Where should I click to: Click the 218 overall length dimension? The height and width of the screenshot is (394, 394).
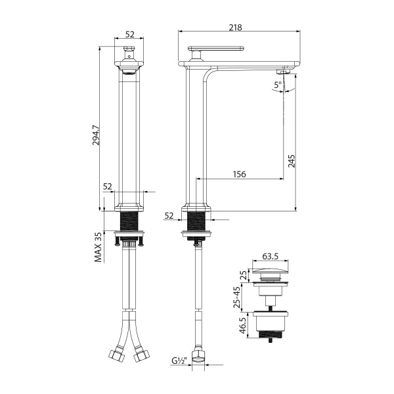pyautogui.click(x=236, y=28)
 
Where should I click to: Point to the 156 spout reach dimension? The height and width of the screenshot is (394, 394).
pyautogui.click(x=240, y=174)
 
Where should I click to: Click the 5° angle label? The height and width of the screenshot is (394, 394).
pyautogui.click(x=278, y=85)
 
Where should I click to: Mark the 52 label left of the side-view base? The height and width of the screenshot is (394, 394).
pyautogui.click(x=169, y=215)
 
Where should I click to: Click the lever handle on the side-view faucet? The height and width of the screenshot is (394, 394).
pyautogui.click(x=217, y=49)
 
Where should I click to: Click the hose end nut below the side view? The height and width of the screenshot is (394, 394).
pyautogui.click(x=198, y=355)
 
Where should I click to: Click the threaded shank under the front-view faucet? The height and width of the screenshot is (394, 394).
pyautogui.click(x=129, y=221)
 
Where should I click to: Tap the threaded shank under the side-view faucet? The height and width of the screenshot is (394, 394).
pyautogui.click(x=197, y=221)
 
